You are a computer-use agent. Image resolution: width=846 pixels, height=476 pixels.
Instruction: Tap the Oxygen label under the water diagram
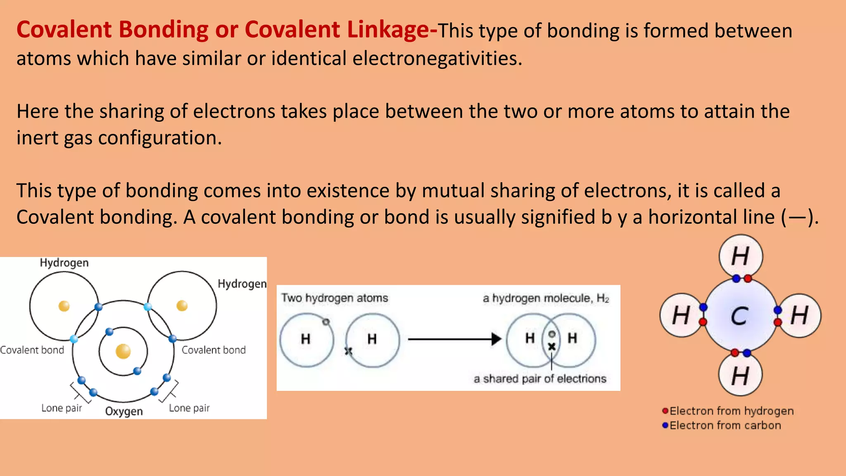[x=124, y=411]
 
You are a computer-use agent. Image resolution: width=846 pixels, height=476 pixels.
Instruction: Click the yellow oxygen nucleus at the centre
[x=123, y=351]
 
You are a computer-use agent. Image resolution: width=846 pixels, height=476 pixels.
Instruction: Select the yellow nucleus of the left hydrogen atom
[x=64, y=306]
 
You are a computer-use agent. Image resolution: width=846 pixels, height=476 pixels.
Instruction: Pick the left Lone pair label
[x=62, y=408]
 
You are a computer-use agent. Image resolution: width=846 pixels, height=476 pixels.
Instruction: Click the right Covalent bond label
[x=214, y=350]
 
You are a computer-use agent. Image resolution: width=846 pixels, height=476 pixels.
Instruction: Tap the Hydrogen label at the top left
[x=64, y=263]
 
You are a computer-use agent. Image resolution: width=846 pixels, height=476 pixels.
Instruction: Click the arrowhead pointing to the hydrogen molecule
[x=497, y=339]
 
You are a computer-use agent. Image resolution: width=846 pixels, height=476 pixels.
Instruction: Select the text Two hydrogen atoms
[x=335, y=298]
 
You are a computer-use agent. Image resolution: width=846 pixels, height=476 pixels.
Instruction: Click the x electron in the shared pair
[x=551, y=347]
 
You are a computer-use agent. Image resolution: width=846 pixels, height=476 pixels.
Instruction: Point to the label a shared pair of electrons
[x=540, y=379]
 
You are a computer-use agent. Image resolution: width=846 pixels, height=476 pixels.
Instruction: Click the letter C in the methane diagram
[x=739, y=317]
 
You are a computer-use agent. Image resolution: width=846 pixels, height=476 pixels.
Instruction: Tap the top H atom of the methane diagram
[x=740, y=256]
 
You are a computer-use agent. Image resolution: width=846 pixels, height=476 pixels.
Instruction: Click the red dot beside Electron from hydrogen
[x=665, y=411]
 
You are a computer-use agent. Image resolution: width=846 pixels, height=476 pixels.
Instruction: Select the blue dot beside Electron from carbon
[x=665, y=425]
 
